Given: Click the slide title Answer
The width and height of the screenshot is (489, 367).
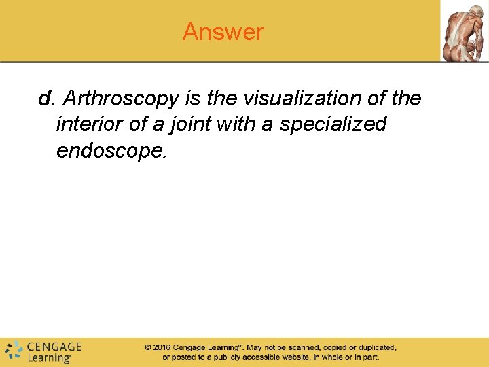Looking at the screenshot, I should tap(223, 32).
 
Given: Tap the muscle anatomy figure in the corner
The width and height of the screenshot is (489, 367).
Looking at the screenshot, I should tap(464, 31).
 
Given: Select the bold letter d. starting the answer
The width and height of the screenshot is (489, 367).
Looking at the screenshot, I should tap(46, 99).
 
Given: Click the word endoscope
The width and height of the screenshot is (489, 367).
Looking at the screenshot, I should tap(111, 150).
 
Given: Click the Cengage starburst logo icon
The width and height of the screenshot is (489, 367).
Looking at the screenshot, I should tap(13, 351).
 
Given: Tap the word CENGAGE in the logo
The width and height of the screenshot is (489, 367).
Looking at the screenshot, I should tap(54, 346).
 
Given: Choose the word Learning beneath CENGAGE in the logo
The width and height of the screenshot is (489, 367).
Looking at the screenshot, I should tap(49, 357).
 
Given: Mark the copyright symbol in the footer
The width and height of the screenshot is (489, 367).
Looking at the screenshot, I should tap(147, 347).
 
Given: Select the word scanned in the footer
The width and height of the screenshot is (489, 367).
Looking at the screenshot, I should tap(302, 347).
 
